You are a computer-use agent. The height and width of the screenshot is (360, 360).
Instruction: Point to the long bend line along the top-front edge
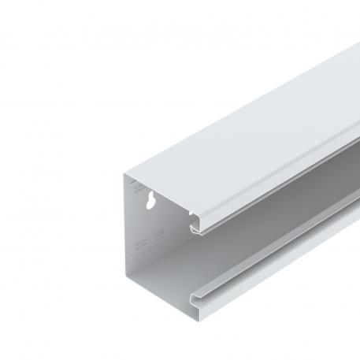(276, 169)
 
